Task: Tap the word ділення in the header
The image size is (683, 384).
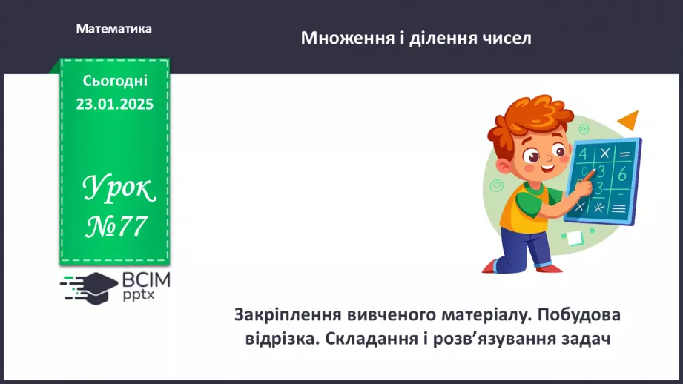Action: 443,39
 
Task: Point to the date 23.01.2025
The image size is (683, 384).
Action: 114,105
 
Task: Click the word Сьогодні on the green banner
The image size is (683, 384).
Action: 115,81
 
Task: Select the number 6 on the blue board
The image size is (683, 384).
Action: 621,173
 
